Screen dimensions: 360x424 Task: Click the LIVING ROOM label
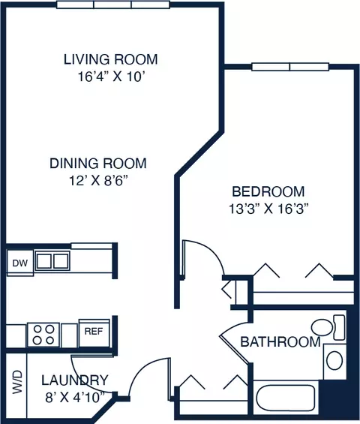[110, 59]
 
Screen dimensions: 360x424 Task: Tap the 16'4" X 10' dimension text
[110, 77]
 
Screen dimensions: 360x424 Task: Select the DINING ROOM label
[98, 164]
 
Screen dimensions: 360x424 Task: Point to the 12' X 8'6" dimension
[98, 180]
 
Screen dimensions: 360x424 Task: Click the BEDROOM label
[268, 191]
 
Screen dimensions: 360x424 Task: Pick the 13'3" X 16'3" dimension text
[268, 209]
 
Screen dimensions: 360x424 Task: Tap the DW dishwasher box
[20, 263]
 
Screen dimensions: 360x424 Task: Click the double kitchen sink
[52, 261]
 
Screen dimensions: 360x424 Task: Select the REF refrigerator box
[94, 332]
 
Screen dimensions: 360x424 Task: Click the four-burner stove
[43, 335]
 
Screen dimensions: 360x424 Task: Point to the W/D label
[16, 382]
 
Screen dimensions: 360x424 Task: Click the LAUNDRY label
[75, 380]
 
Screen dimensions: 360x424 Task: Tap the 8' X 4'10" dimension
[75, 397]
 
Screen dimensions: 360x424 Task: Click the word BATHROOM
[280, 341]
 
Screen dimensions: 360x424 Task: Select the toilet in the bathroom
[328, 327]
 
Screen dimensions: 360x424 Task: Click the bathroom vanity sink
[334, 360]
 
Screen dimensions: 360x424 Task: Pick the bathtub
[286, 397]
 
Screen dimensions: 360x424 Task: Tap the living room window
[113, 5]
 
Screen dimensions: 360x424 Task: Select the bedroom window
[290, 67]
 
